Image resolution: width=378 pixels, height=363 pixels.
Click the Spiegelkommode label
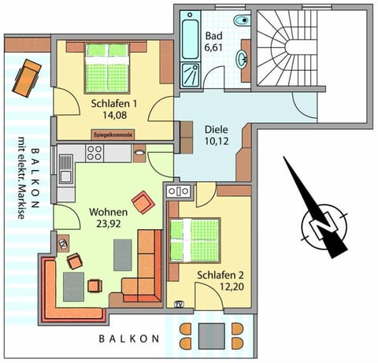tap(113, 135)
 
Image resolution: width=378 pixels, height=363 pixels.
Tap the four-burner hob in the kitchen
tap(94, 155)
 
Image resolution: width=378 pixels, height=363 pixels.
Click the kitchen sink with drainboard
tap(65, 166)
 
